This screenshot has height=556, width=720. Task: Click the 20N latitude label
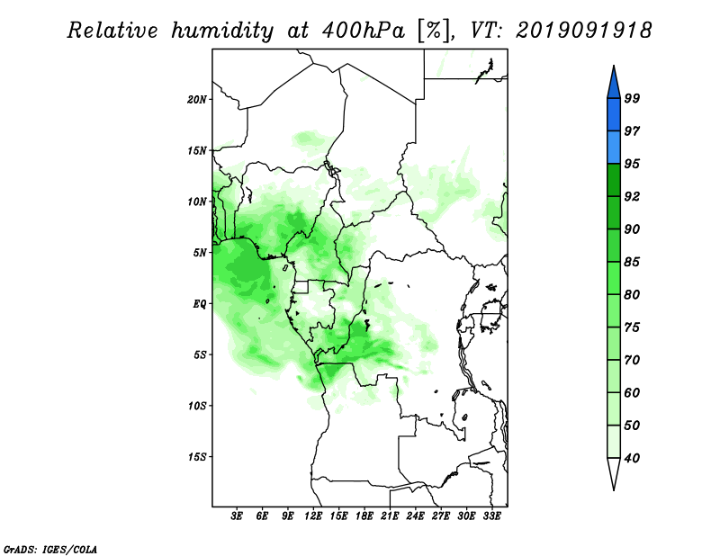[197, 100]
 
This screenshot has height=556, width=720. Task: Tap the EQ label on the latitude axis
[200, 304]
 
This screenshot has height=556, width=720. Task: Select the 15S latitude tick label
[197, 457]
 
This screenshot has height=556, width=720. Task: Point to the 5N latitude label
[200, 253]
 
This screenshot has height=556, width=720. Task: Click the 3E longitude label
[236, 516]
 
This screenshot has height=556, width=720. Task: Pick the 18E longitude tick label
[364, 516]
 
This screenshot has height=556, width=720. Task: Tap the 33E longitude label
[491, 516]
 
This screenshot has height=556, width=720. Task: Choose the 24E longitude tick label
[415, 516]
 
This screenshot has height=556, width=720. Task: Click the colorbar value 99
[632, 98]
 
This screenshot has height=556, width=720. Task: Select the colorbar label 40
[632, 458]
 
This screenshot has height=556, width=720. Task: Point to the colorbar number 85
[632, 262]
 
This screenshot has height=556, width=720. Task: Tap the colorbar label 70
[632, 360]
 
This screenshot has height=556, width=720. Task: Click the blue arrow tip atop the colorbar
[614, 66]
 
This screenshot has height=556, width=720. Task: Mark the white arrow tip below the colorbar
[614, 489]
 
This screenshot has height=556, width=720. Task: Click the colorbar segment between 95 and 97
[614, 148]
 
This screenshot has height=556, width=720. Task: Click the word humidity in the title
[222, 31]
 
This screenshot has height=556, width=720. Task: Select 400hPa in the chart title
[364, 31]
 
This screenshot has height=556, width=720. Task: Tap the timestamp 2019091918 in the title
[583, 31]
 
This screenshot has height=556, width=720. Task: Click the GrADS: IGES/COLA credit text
[50, 550]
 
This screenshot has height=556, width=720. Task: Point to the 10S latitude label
[197, 406]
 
